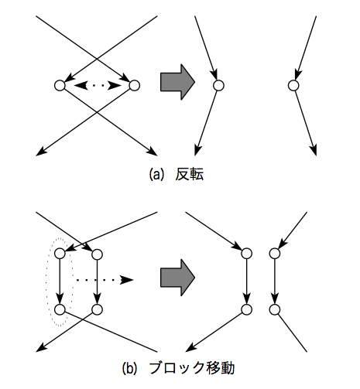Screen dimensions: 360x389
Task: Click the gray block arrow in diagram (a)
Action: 177,82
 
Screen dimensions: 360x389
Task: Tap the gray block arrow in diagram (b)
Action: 177,277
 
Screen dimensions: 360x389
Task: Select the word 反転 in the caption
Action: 190,174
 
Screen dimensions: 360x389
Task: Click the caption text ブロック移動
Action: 192,368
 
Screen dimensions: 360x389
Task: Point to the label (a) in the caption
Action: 156,174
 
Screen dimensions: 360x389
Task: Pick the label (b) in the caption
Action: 129,368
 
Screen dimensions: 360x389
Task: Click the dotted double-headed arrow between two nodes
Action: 98,85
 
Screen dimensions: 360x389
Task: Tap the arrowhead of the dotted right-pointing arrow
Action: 127,280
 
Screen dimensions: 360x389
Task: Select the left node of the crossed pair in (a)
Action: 60,85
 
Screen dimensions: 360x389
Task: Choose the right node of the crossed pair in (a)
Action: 134,85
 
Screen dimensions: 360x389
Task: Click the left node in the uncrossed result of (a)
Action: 218,85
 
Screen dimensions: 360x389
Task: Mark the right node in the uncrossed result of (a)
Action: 293,85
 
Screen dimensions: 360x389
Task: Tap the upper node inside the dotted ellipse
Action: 60,254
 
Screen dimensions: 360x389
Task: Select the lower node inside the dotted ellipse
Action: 60,309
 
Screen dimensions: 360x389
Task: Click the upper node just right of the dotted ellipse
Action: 97,254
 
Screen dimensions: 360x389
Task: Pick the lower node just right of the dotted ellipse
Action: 97,309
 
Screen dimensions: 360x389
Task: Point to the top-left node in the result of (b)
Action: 246,254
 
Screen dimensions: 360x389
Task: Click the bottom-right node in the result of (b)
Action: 274,309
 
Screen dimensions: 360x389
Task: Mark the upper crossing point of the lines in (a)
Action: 97,59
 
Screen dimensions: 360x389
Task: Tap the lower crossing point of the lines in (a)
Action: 97,112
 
